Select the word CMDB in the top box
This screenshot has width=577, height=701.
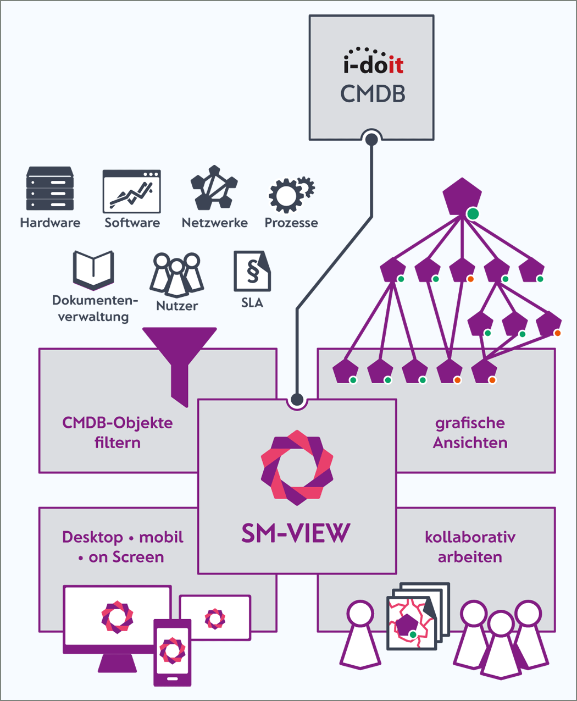tap(373, 94)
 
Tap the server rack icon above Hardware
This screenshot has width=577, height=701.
tap(50, 189)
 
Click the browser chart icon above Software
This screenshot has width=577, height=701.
tap(132, 191)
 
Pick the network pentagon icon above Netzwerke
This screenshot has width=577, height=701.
tap(214, 188)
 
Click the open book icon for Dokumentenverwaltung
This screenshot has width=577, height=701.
tap(93, 269)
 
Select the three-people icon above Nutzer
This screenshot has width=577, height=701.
tap(176, 273)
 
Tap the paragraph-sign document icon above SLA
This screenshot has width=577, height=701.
tap(252, 271)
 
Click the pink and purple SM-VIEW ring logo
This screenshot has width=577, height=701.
tap(297, 467)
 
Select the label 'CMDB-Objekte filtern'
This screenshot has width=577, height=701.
tap(118, 433)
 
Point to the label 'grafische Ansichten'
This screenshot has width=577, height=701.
tap(470, 433)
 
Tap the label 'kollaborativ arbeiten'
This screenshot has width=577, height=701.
tap(470, 547)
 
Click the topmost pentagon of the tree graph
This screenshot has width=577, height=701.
tap(462, 196)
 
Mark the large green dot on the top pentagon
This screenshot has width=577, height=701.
tap(473, 214)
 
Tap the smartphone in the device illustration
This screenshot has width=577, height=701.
tap(173, 652)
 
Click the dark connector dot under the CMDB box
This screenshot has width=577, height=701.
tap(371, 140)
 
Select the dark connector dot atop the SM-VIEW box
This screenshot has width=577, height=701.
tap(297, 399)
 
